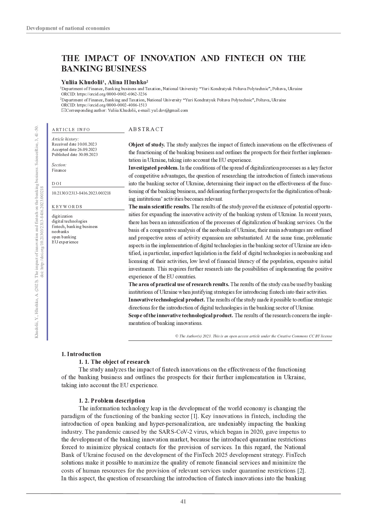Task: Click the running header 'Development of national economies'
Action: [68, 28]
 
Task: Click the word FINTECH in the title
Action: [244, 58]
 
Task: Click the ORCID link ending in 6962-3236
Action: [112, 94]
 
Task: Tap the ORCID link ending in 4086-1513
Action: [112, 105]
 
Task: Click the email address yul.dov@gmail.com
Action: [170, 110]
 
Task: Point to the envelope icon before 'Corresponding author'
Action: [63, 110]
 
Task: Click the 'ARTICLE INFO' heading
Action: [71, 130]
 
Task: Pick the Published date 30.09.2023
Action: [75, 154]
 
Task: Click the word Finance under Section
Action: [59, 170]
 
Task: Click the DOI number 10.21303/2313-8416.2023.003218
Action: [81, 193]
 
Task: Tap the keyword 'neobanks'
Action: [60, 232]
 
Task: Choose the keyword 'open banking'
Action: [64, 237]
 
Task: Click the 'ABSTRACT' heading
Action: [146, 129]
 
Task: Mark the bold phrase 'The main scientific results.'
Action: [159, 207]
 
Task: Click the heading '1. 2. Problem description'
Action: [112, 401]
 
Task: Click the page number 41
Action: [183, 501]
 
